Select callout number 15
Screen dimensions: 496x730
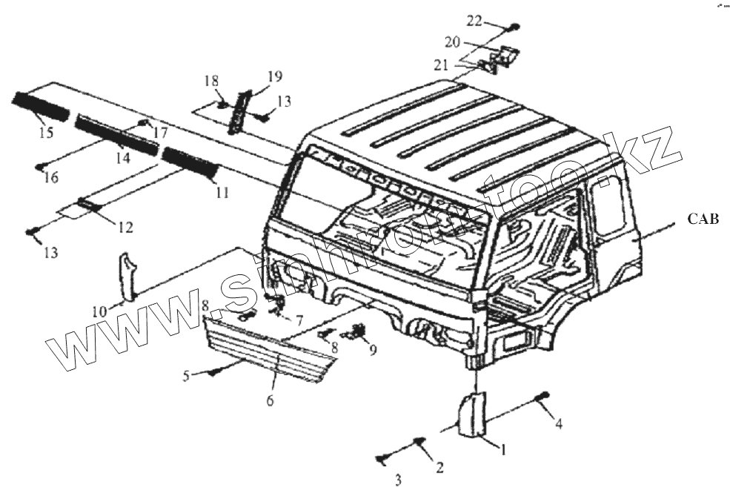click(46, 133)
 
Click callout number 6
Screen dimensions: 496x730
click(271, 400)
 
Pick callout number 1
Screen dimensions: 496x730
click(503, 448)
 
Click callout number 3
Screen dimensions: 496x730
click(398, 481)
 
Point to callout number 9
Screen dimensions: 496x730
click(373, 348)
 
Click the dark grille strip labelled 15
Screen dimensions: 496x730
click(41, 107)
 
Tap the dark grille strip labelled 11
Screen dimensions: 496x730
click(190, 165)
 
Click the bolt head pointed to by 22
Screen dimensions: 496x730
click(514, 27)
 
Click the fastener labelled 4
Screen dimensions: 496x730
click(545, 394)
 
